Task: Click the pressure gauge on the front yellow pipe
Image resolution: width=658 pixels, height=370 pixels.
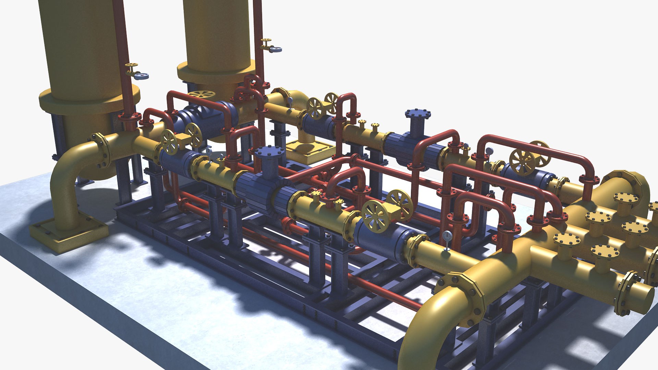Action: [447, 236]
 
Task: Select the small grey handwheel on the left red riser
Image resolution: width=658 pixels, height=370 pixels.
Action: [141, 76]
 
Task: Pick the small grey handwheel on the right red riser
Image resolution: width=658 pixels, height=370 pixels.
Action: [275, 49]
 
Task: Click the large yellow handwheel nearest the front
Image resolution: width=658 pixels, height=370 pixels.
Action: [376, 217]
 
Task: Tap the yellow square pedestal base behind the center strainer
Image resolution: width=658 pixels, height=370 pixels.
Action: [310, 151]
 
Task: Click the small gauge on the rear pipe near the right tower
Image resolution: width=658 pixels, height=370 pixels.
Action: [290, 101]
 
